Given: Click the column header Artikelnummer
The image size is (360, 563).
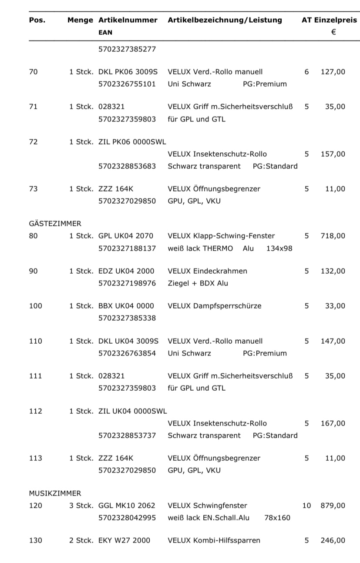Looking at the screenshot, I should pyautogui.click(x=128, y=20).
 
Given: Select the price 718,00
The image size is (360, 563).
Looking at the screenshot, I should pyautogui.click(x=333, y=236).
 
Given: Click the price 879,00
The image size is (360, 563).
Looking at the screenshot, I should pyautogui.click(x=333, y=506).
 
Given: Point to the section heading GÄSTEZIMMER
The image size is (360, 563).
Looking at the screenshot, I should pyautogui.click(x=55, y=224).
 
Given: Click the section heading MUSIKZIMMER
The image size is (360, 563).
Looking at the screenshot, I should pyautogui.click(x=55, y=493).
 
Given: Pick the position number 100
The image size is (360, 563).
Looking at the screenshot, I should pyautogui.click(x=36, y=306).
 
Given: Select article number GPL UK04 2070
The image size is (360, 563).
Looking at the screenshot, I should pyautogui.click(x=126, y=236).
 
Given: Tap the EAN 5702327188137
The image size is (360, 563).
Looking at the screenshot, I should pyautogui.click(x=127, y=248).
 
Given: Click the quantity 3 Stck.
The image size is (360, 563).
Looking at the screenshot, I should pyautogui.click(x=81, y=506).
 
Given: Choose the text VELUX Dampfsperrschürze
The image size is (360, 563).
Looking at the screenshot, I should pyautogui.click(x=215, y=306).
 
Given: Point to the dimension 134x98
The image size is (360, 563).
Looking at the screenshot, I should pyautogui.click(x=279, y=248).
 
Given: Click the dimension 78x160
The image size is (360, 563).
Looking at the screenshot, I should pyautogui.click(x=277, y=518).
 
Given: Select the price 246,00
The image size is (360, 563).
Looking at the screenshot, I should pyautogui.click(x=333, y=540).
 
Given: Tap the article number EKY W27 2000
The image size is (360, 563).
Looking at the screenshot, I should pyautogui.click(x=124, y=540).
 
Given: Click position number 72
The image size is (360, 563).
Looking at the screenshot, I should pyautogui.click(x=33, y=142).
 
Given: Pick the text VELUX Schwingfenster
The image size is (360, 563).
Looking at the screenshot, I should pyautogui.click(x=207, y=506).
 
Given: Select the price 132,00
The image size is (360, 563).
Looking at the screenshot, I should pyautogui.click(x=333, y=271).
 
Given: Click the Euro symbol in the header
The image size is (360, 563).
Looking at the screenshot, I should pyautogui.click(x=333, y=32).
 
